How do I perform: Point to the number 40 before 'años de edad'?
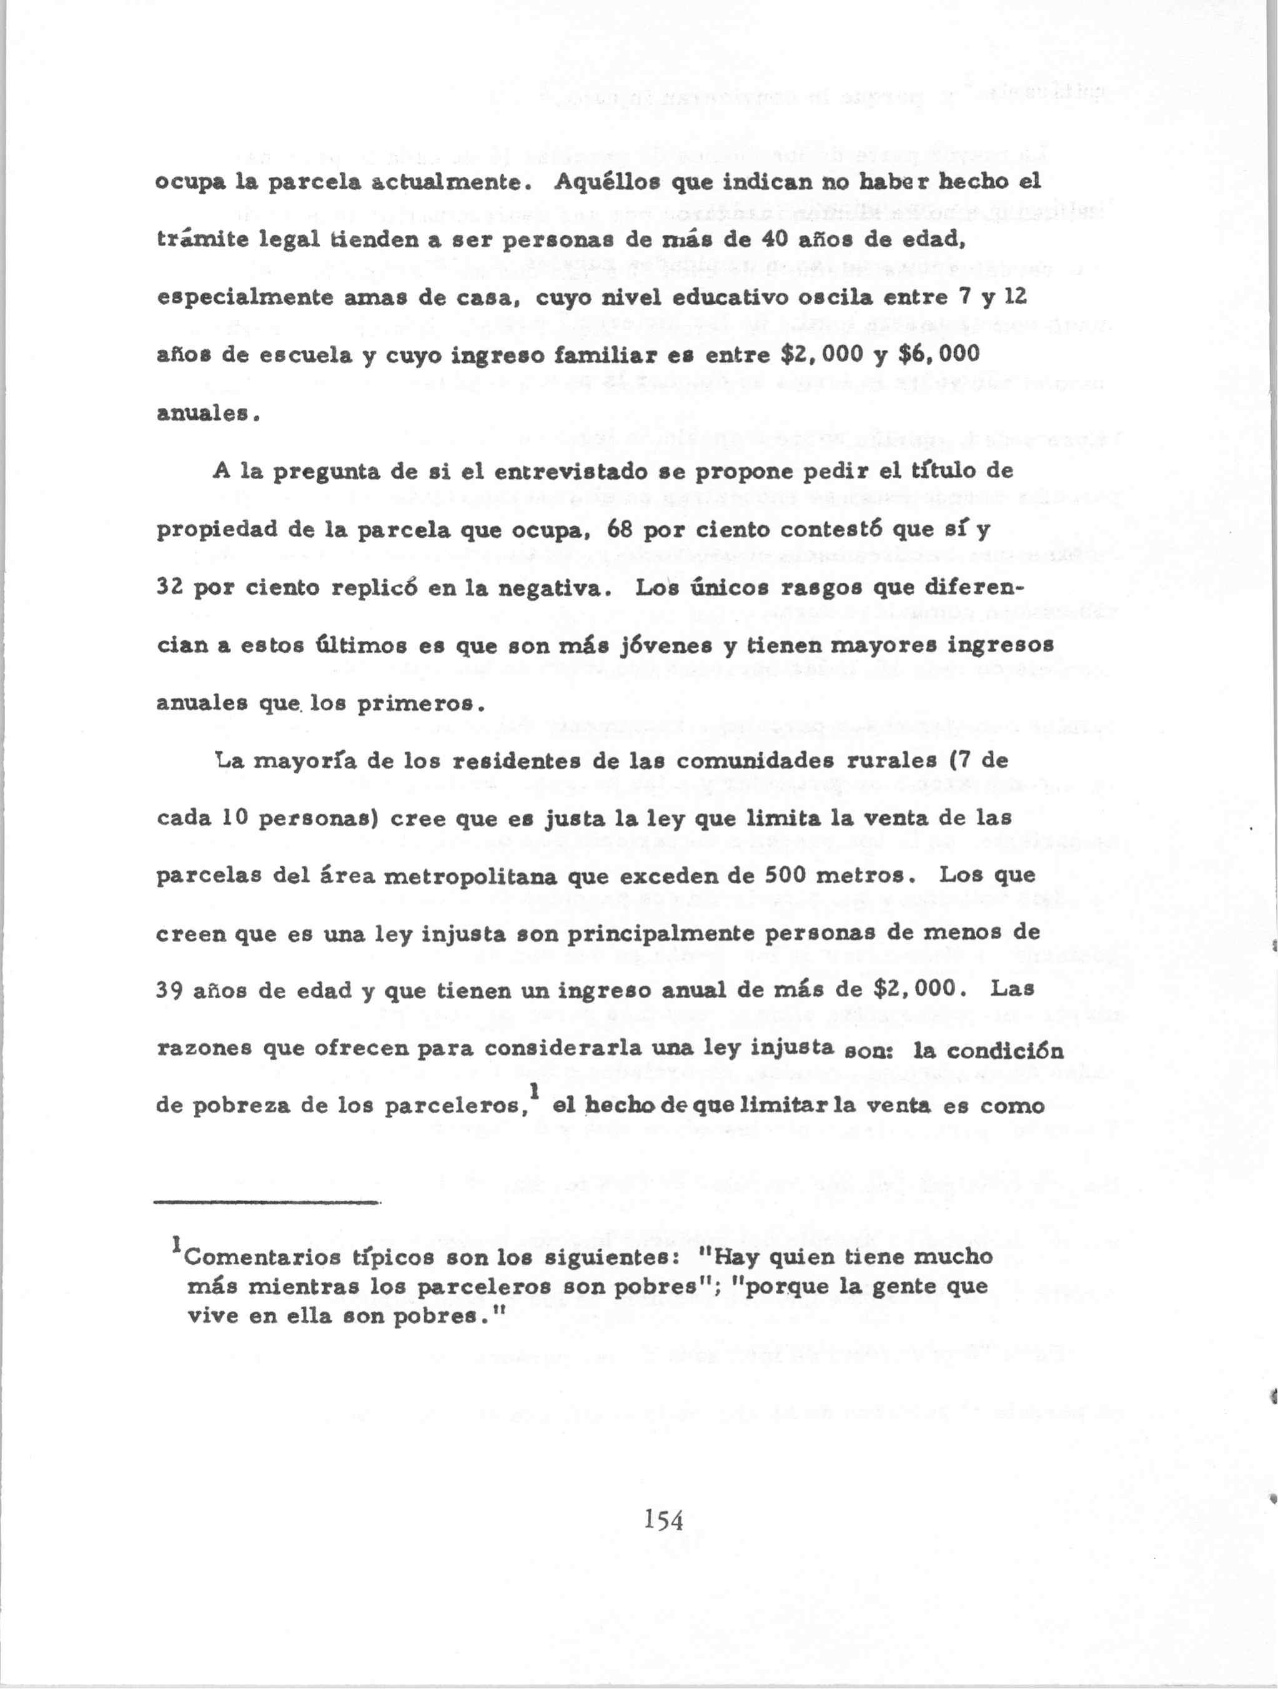tap(777, 240)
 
